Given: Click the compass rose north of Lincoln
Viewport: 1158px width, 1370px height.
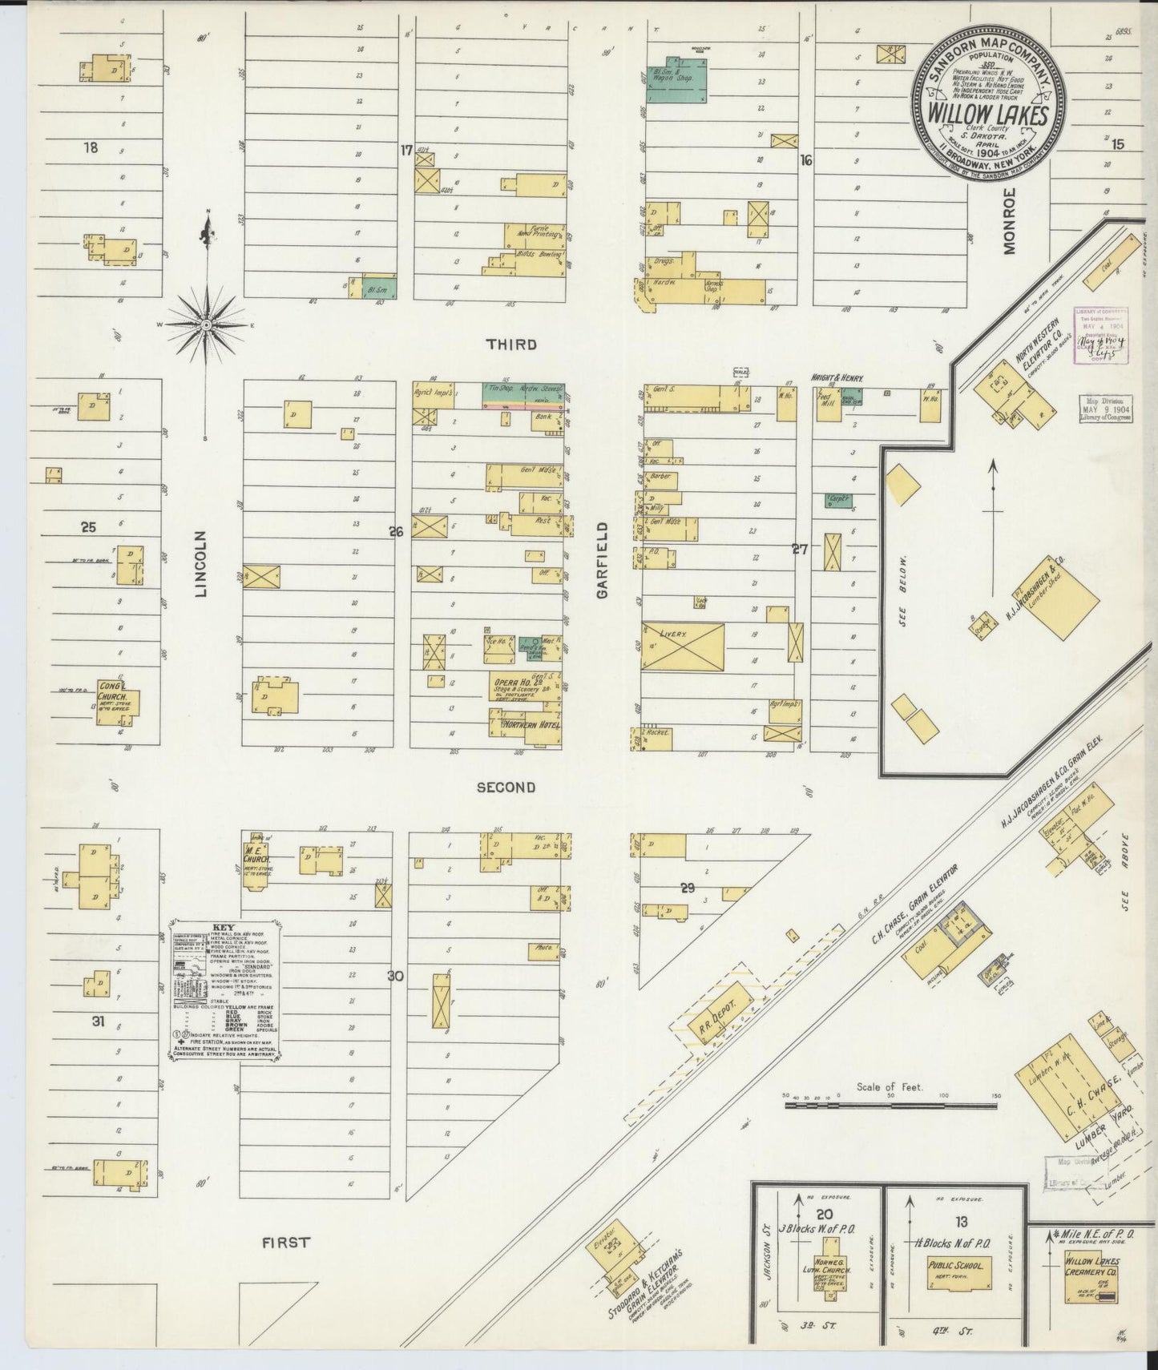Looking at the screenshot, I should pos(207,324).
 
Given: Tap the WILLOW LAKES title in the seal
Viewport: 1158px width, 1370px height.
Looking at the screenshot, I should pos(988,115).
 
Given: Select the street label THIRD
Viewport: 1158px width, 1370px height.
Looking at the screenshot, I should pos(510,345).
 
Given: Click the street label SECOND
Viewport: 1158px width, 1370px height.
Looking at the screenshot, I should pos(506,787).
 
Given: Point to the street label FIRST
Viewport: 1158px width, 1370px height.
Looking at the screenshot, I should pos(286,1243).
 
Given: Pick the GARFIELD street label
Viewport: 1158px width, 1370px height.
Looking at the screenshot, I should pos(603,560).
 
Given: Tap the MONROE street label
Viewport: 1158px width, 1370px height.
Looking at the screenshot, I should pos(1008,221).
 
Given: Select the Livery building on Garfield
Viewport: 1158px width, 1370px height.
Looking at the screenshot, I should pos(682,647).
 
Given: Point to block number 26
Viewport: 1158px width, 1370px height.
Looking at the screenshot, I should pos(395,530).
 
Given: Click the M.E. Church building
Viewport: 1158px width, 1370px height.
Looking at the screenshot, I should pos(258,863).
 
